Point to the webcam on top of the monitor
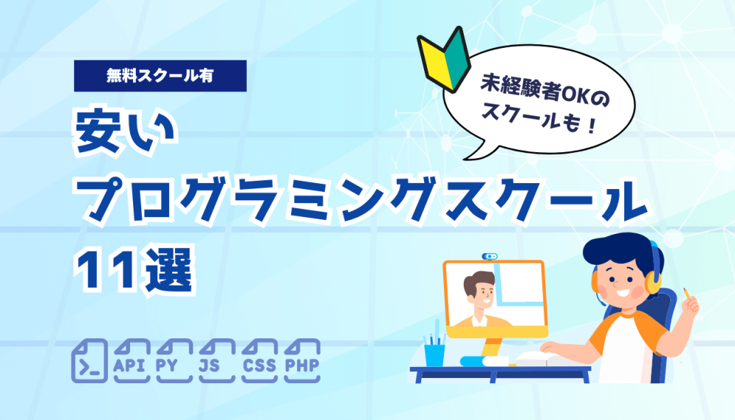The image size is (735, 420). (490, 256)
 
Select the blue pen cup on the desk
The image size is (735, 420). (434, 355)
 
